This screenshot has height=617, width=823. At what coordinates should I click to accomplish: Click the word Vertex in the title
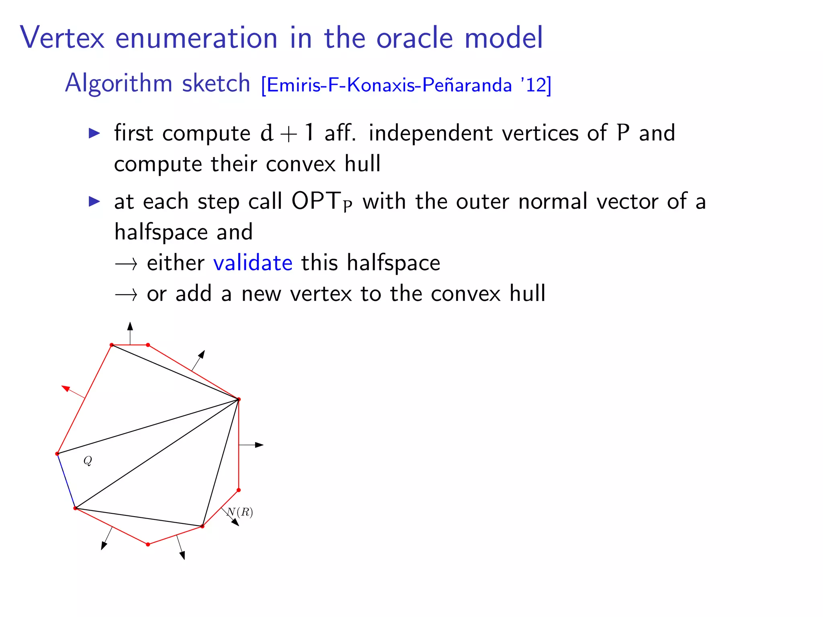[x=62, y=38]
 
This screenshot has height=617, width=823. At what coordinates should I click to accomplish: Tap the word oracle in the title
[x=414, y=38]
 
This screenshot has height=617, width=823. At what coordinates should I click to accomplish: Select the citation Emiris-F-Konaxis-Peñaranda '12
[x=406, y=85]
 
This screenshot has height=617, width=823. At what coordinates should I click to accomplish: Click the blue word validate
[x=252, y=263]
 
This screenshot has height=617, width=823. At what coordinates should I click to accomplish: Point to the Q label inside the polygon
[x=88, y=460]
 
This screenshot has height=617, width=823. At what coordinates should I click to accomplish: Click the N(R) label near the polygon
[x=240, y=512]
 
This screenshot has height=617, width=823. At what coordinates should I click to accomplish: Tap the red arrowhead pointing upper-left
[x=66, y=388]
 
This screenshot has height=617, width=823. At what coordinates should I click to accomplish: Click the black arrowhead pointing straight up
[x=130, y=326]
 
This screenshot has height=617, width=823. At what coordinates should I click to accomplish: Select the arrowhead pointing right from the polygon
[x=259, y=445]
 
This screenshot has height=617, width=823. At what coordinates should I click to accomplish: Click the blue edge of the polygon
[x=66, y=481]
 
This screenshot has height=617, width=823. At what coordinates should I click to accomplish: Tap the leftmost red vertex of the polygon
[x=57, y=454]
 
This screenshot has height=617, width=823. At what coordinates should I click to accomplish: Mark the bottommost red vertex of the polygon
[x=148, y=544]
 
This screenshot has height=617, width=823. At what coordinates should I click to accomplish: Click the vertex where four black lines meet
[x=238, y=399]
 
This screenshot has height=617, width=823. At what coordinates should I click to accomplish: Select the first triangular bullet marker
[x=94, y=133]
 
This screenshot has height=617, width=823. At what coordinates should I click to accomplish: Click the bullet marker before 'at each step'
[x=94, y=201]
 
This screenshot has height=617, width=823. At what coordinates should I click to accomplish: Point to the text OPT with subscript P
[x=321, y=201]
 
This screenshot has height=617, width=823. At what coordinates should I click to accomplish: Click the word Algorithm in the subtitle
[x=118, y=83]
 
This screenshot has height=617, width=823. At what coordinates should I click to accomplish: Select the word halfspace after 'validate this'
[x=393, y=263]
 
